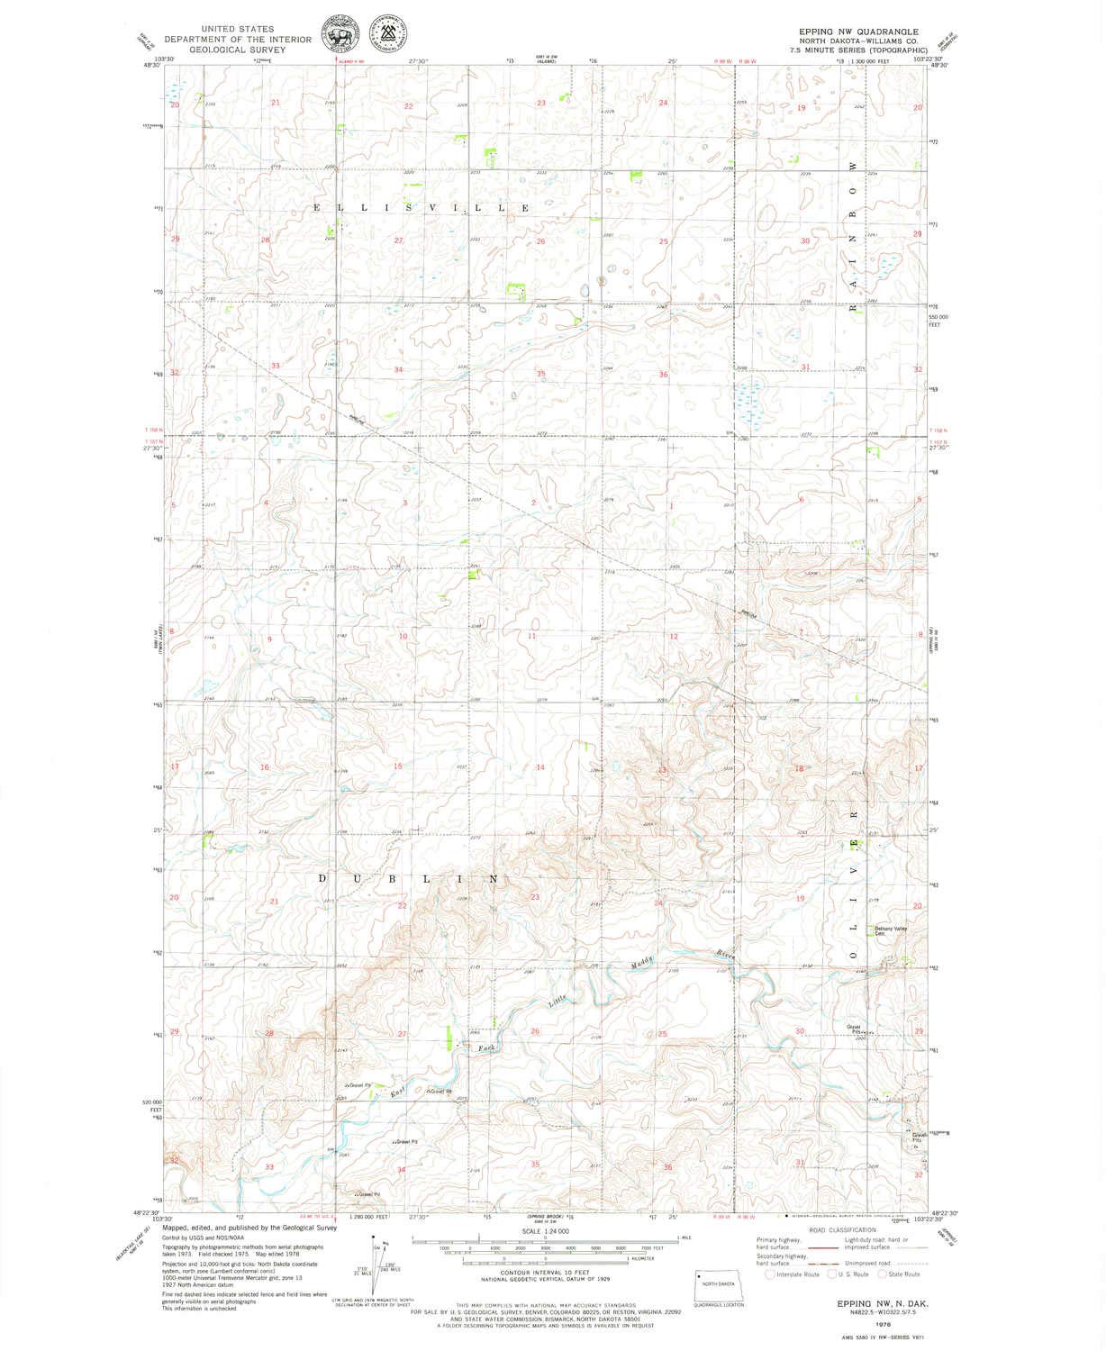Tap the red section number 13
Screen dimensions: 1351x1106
[663, 770]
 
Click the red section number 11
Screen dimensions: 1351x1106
[532, 637]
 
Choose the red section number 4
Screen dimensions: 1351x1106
[266, 502]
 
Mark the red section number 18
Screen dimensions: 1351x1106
[798, 768]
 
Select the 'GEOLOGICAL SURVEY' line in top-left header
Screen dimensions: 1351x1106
[237, 50]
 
